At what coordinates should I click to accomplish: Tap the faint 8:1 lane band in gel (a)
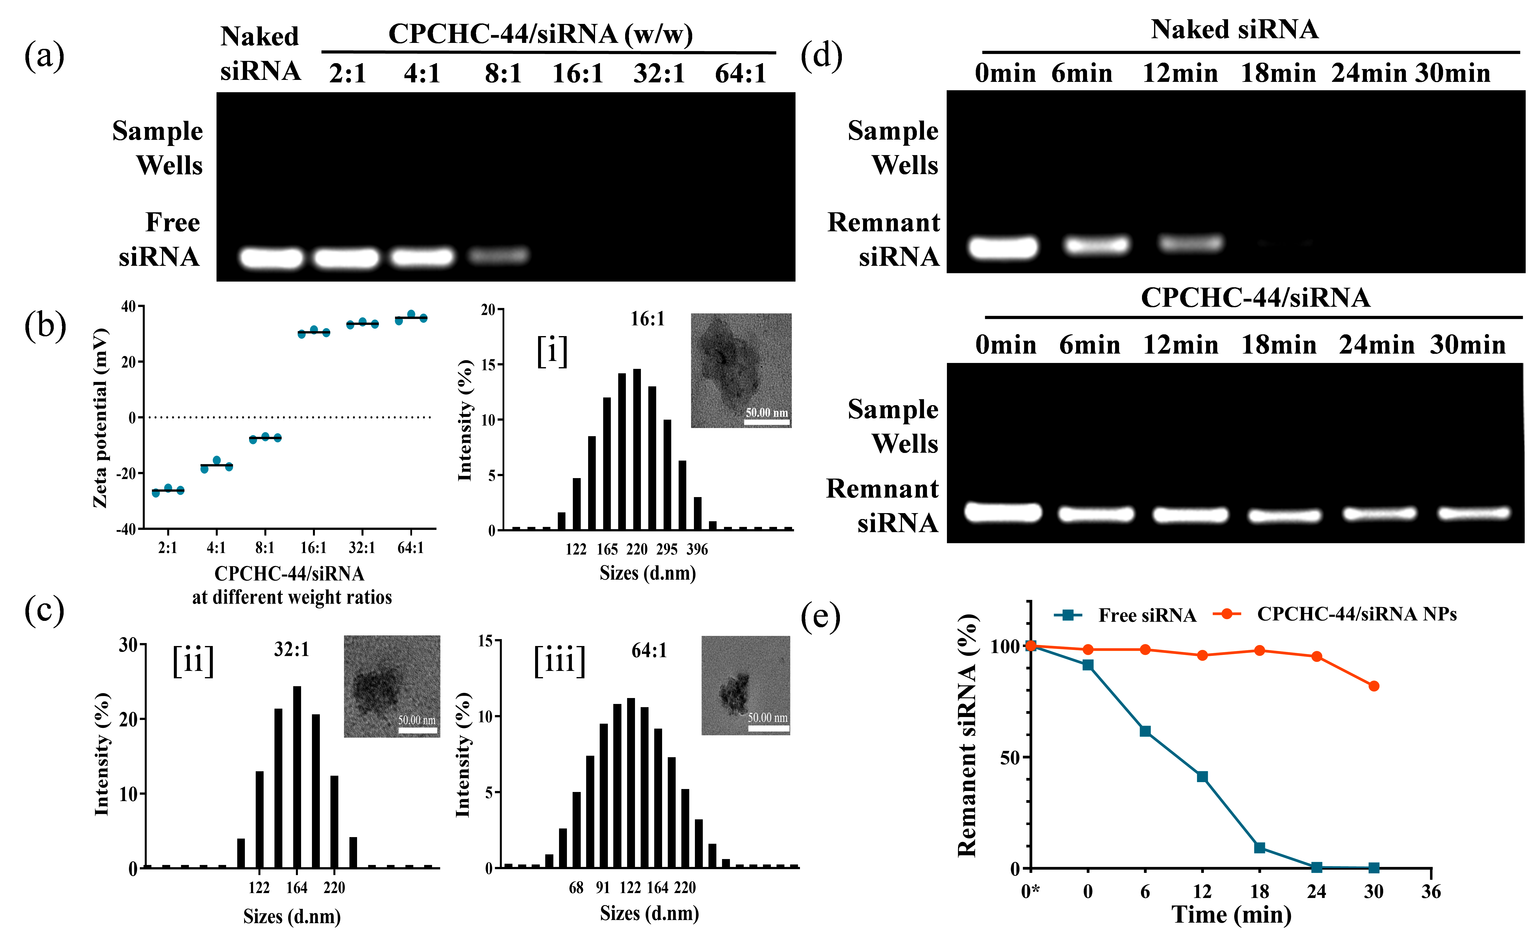(499, 255)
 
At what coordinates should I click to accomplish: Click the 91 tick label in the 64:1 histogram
(603, 888)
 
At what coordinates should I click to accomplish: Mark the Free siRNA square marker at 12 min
(1202, 776)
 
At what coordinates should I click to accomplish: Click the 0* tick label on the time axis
(1030, 892)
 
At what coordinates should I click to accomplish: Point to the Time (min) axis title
(1231, 914)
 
